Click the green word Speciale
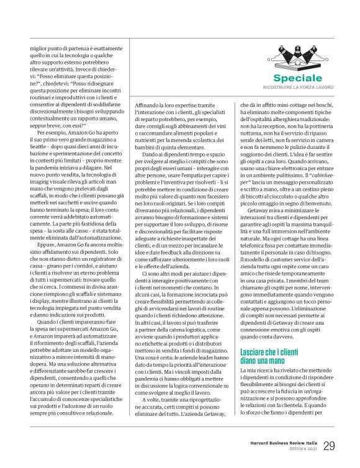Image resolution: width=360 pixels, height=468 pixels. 280,78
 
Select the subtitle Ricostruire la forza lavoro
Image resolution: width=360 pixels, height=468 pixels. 280,89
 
